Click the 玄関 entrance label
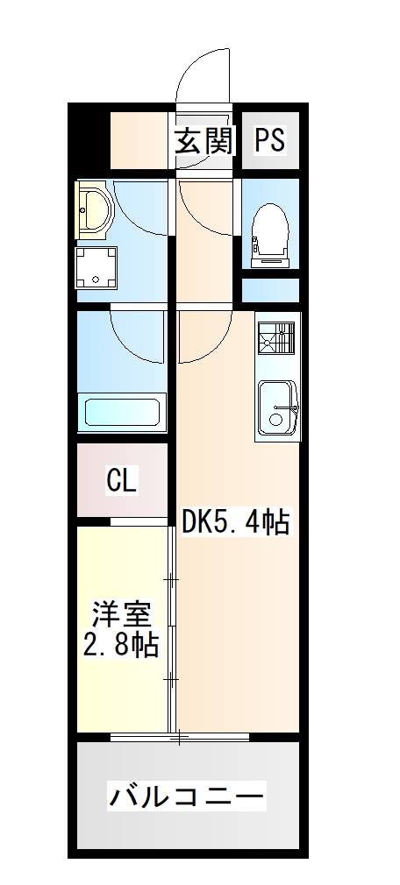203,140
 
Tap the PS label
270,140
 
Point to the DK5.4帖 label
236,523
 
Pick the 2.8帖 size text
122,646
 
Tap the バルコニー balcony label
186,797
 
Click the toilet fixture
269,230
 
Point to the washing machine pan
96,266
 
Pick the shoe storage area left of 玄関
139,140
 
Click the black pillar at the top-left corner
88,136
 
